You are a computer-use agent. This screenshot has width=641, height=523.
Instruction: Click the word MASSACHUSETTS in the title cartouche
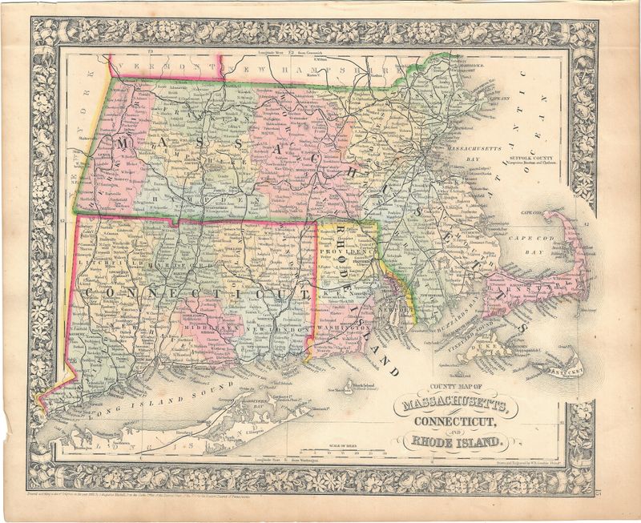455,405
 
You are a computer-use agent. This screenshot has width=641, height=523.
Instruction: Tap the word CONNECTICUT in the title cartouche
455,423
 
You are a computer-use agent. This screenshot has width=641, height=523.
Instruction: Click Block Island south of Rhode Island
348,390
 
